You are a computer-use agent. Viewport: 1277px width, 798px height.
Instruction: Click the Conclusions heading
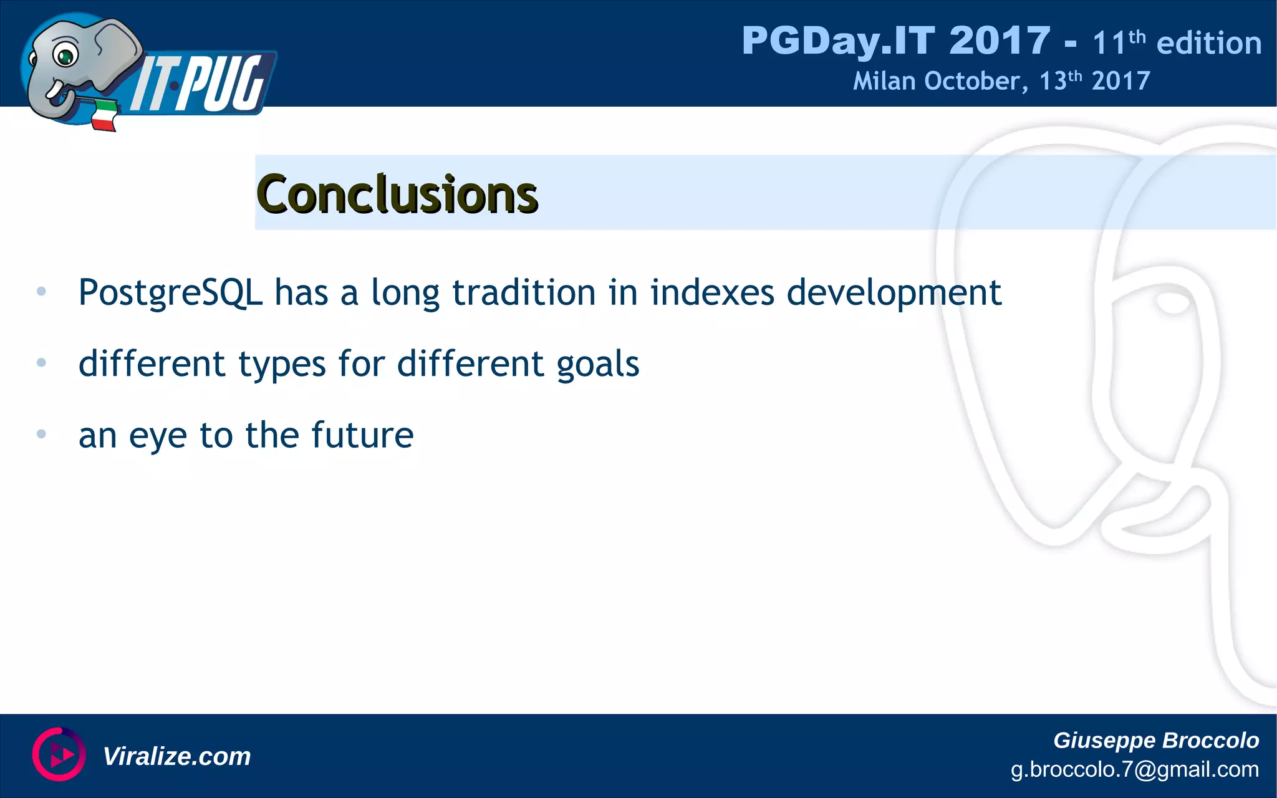[397, 195]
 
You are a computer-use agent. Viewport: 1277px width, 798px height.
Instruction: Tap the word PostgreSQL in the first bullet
[170, 293]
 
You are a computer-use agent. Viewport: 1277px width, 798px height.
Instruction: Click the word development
[894, 293]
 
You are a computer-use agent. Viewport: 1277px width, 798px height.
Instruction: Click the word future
[362, 435]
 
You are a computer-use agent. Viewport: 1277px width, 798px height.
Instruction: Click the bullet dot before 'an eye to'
[41, 434]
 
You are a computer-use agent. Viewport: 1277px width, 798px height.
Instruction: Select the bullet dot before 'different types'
[41, 362]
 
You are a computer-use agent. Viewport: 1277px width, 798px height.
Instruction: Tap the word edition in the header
[1208, 43]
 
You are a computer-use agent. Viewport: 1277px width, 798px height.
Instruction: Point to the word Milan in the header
[884, 81]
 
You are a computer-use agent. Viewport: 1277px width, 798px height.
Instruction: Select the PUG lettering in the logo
[224, 84]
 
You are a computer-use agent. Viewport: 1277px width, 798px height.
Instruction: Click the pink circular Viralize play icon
[59, 754]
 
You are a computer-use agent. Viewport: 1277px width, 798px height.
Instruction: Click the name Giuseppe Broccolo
[1155, 740]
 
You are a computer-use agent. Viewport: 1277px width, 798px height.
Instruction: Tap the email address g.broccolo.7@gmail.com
[1134, 769]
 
